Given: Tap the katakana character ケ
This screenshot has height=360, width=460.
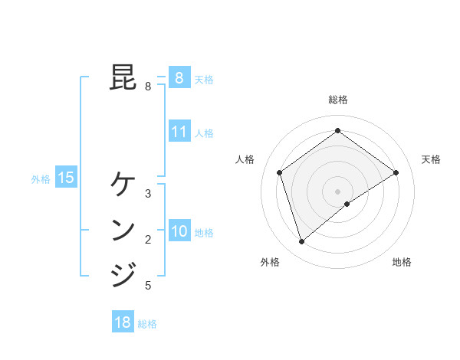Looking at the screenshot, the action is [x=123, y=184].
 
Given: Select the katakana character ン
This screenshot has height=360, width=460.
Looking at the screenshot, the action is [x=123, y=229].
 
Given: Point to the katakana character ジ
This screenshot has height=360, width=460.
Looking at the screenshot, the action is [x=123, y=274].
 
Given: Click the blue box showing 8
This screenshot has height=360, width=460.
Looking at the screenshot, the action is [x=179, y=77].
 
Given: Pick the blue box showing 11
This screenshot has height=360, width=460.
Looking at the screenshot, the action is [x=179, y=132].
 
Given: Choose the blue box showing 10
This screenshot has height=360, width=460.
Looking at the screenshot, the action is [x=179, y=231].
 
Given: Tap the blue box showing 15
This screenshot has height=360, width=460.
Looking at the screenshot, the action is [x=66, y=178].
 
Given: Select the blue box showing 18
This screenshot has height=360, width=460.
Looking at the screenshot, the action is [x=123, y=322].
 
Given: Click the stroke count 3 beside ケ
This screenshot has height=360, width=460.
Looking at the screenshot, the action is [x=148, y=193].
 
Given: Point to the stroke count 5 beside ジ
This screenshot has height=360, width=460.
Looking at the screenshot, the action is [x=148, y=286].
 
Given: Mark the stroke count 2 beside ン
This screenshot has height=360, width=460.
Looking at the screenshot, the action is [x=148, y=240].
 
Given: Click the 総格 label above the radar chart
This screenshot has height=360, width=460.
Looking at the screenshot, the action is [x=337, y=100].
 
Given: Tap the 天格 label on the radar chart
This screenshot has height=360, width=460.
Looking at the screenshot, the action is [x=431, y=159].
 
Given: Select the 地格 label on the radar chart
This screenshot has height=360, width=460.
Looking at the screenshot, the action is [x=402, y=262].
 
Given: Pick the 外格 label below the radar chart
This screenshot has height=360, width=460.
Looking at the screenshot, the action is [x=270, y=262].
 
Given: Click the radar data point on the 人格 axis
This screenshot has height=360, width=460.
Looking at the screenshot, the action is [x=280, y=172].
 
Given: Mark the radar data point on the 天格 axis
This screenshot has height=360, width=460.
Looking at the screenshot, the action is [x=396, y=172].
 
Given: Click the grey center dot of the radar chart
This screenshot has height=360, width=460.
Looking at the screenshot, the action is [x=337, y=191].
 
